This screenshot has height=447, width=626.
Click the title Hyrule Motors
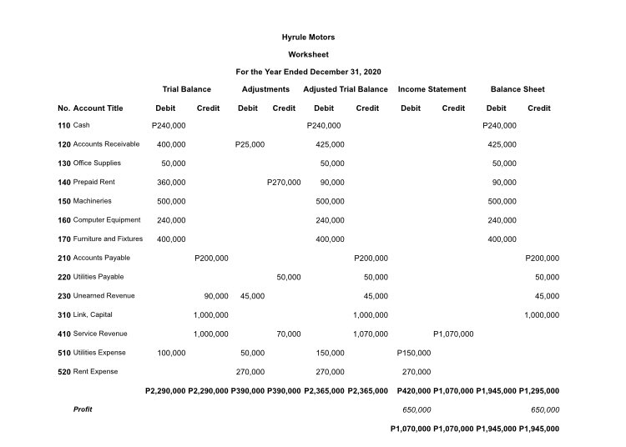[x=309, y=38]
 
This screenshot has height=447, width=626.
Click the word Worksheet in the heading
[x=309, y=55]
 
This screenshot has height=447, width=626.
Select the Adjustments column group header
[x=265, y=89]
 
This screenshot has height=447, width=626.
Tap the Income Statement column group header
[x=432, y=89]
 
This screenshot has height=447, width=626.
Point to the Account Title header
[x=98, y=108]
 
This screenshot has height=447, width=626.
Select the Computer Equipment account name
[x=107, y=220]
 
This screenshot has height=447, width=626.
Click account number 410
[x=64, y=334]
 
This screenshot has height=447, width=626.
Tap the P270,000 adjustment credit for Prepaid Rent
[x=284, y=182]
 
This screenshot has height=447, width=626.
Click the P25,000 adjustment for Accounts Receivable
[x=250, y=144]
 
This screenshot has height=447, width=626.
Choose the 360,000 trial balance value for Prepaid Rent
[x=171, y=182]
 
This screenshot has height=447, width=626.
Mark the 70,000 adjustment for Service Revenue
[x=289, y=334]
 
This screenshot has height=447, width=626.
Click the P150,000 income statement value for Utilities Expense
[x=414, y=353]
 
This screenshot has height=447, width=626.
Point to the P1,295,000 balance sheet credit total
[x=539, y=390]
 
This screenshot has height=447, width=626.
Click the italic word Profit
[x=83, y=409]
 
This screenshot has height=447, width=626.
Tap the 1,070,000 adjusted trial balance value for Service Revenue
[x=371, y=334]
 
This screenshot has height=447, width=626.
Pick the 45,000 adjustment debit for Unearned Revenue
[x=252, y=296]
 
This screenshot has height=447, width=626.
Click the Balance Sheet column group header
[x=517, y=89]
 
